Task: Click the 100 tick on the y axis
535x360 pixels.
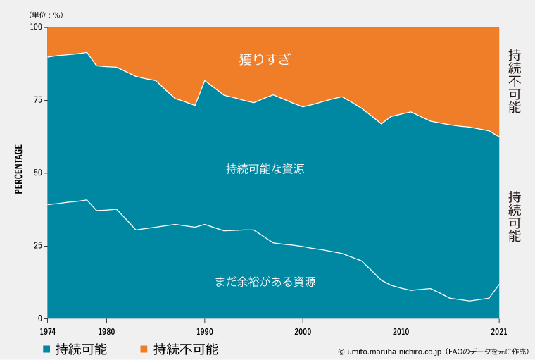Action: pyautogui.click(x=35, y=27)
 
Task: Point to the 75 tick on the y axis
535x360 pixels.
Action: pyautogui.click(x=37, y=100)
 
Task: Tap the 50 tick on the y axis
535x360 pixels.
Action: pyautogui.click(x=37, y=173)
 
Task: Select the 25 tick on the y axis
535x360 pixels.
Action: pyautogui.click(x=37, y=246)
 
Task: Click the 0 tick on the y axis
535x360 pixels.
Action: pyautogui.click(x=40, y=318)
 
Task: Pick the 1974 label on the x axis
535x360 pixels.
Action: pyautogui.click(x=48, y=331)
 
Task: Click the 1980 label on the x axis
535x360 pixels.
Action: pyautogui.click(x=107, y=331)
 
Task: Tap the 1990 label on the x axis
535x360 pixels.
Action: pyautogui.click(x=204, y=331)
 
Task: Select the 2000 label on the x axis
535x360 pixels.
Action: pyautogui.click(x=303, y=331)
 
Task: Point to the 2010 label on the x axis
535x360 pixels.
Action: pyautogui.click(x=401, y=331)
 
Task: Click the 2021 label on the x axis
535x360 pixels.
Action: pyautogui.click(x=499, y=331)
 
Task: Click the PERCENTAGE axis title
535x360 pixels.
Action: pyautogui.click(x=19, y=169)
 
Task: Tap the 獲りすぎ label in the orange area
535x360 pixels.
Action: pyautogui.click(x=265, y=59)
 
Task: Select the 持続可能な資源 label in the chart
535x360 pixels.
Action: pyautogui.click(x=265, y=169)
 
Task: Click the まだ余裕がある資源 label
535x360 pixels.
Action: pyautogui.click(x=265, y=282)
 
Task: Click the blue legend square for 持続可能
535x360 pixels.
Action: pyautogui.click(x=46, y=349)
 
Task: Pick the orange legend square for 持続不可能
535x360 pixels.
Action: pyautogui.click(x=144, y=349)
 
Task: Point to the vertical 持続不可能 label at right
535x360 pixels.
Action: pyautogui.click(x=515, y=81)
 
